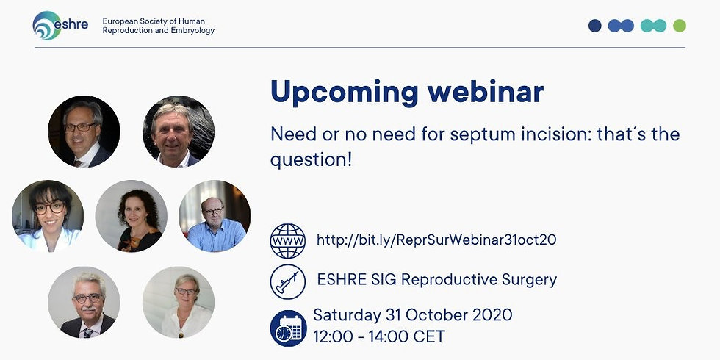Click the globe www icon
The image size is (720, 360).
(288, 241)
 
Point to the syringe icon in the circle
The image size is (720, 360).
(288, 281)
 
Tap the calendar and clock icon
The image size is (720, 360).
(288, 328)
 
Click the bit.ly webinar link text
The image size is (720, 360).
(436, 240)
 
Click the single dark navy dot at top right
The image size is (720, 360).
(594, 26)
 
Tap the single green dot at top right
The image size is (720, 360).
(680, 26)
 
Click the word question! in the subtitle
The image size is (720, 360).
(311, 160)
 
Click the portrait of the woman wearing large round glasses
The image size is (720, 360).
(48, 216)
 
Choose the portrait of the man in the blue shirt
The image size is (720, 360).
(215, 216)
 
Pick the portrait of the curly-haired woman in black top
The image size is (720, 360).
(132, 216)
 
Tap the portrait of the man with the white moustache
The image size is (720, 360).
(84, 302)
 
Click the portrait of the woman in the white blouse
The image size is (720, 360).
(179, 302)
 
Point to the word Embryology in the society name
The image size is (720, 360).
(192, 31)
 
